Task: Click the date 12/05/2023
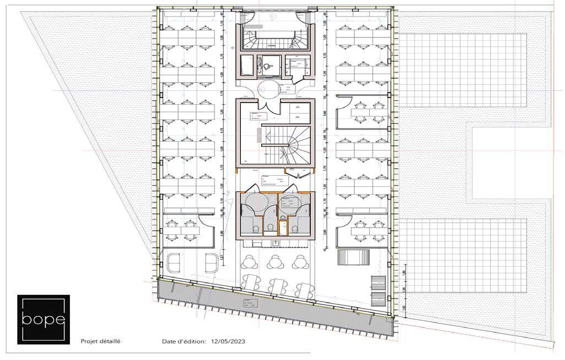[x=228, y=342]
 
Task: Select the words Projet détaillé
[x=100, y=342]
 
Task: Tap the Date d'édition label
[x=184, y=342]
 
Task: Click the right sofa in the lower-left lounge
[x=211, y=263]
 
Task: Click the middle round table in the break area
[x=274, y=260]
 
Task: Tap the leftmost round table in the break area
[x=250, y=260]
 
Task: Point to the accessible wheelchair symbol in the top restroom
[x=268, y=65]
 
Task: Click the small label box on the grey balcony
[x=249, y=303]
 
